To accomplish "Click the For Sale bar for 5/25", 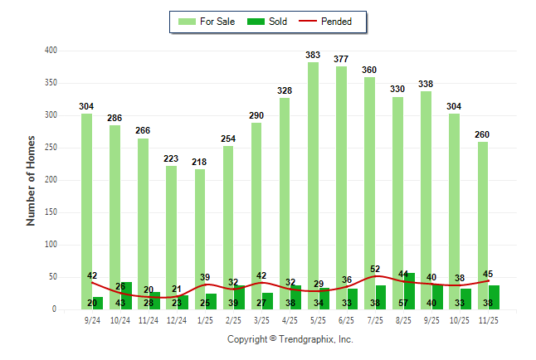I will pos(313,182).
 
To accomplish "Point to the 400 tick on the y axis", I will pos(51,51).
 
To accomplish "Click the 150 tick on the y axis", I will pos(51,212).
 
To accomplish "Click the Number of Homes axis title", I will pos(31,180).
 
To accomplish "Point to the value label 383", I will pos(313,56).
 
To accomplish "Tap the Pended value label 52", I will pos(376,269).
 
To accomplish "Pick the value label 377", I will pos(341,59).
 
